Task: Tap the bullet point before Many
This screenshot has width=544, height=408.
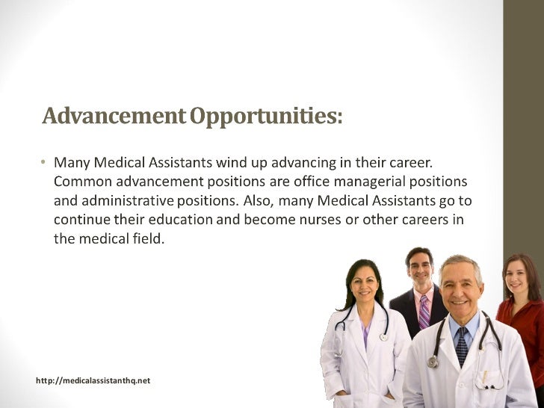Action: coord(43,161)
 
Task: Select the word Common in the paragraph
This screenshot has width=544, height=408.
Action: coord(82,181)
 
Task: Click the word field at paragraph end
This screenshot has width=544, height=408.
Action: coord(146,239)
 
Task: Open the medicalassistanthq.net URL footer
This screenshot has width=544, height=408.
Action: coord(93,380)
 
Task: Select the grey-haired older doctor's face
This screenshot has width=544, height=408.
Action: coord(460,285)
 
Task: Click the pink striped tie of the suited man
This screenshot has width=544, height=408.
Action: coord(424,310)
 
